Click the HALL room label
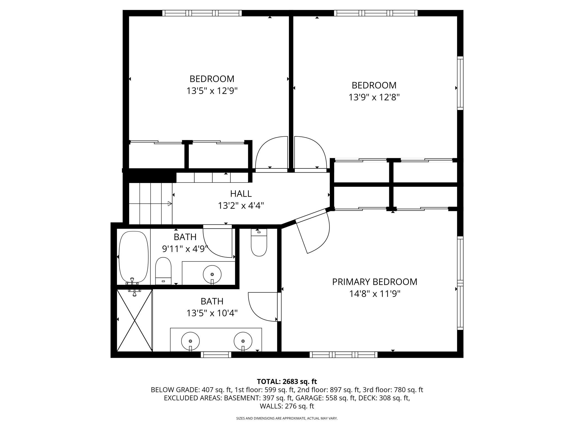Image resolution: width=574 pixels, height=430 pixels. click(x=241, y=194)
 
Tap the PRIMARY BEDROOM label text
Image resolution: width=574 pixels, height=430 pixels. click(x=374, y=282)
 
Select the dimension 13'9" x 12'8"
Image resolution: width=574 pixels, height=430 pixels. click(x=374, y=97)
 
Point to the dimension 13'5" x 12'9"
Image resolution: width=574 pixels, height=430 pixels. click(x=212, y=91)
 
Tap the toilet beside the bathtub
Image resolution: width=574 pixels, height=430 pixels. click(x=163, y=271)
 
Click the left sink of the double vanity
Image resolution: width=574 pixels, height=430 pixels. click(x=190, y=341)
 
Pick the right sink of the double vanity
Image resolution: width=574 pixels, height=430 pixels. click(x=243, y=341)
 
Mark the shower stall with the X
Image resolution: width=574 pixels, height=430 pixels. click(x=135, y=320)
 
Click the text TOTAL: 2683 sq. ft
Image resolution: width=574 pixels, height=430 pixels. click(x=287, y=381)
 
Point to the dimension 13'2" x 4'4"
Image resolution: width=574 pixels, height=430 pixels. click(x=241, y=206)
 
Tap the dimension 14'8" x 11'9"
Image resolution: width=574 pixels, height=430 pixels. click(x=375, y=294)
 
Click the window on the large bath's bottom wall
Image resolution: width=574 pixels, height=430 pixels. click(x=216, y=355)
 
